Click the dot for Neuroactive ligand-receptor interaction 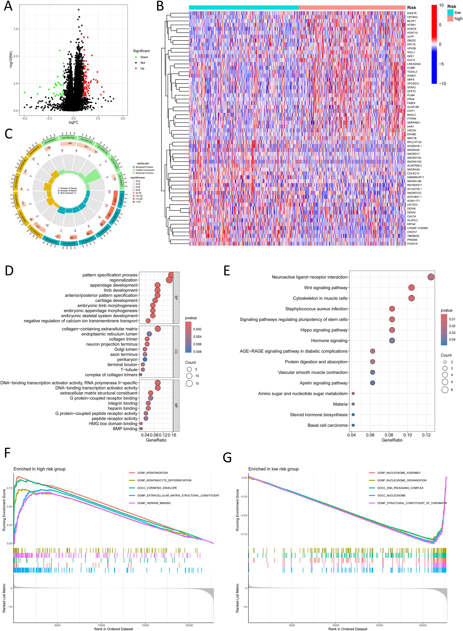pos(431,277)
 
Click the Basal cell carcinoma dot pos(353,425)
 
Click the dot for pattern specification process pos(171,275)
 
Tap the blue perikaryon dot pos(145,360)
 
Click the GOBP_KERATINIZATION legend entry pos(152,473)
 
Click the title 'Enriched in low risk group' pos(273,469)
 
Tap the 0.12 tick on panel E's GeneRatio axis pos(426,435)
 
